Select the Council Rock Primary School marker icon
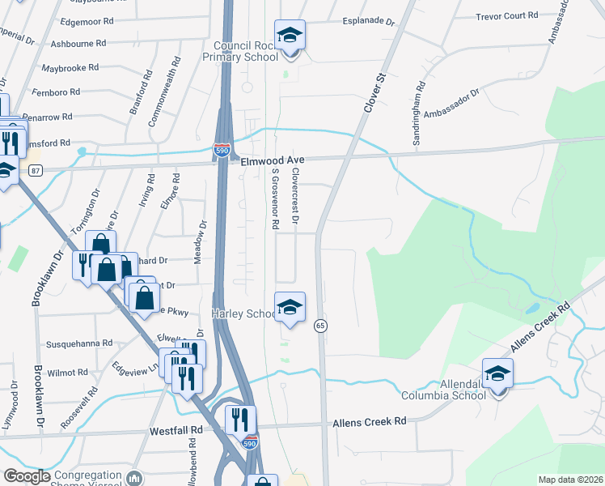(290, 36)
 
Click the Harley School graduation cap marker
(290, 308)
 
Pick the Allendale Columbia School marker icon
(498, 374)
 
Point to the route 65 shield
(321, 325)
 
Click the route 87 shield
(35, 170)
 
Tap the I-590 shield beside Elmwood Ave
(222, 150)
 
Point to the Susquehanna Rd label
(79, 343)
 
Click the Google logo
(27, 477)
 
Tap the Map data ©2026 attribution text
(570, 480)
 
